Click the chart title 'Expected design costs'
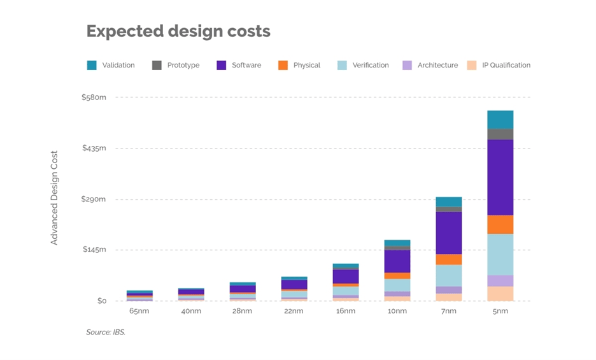point(178,31)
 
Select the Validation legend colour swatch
point(92,65)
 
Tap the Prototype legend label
point(183,65)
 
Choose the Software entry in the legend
point(246,65)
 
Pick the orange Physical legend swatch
point(283,65)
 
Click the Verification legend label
point(370,65)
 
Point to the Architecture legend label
point(437,65)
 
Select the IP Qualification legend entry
point(506,65)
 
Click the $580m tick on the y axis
point(94,97)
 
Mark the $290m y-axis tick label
point(94,199)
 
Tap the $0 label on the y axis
point(101,301)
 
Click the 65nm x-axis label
point(139,311)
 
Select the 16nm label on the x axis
point(346,311)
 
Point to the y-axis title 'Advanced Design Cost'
point(54,198)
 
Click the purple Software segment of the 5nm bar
point(500,177)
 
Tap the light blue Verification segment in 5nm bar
point(500,254)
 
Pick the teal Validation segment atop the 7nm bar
point(448,201)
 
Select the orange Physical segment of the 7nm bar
point(448,259)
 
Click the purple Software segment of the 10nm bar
point(397,261)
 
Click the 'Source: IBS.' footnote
point(106,332)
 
